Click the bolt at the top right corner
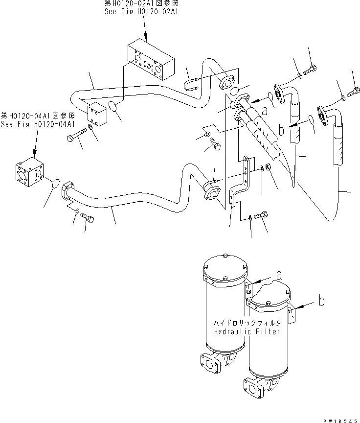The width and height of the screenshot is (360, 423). click(x=352, y=91)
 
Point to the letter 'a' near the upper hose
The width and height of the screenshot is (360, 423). click(x=265, y=111)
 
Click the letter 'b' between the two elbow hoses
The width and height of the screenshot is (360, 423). click(x=282, y=131)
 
